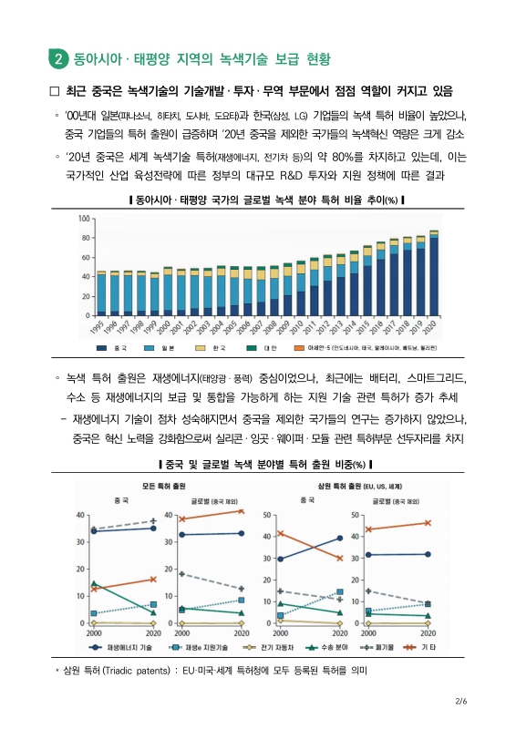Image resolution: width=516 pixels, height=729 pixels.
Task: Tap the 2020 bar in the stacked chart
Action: [x=433, y=273]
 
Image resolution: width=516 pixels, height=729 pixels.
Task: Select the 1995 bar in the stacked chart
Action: [x=102, y=293]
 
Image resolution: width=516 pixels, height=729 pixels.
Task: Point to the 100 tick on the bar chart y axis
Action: [x=85, y=220]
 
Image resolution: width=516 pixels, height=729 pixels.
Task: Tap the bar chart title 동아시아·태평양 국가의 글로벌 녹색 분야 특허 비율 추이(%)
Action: [x=257, y=200]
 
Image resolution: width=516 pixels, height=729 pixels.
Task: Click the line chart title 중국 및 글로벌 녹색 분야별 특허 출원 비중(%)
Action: [x=257, y=466]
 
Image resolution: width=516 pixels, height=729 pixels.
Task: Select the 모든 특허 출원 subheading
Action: [x=162, y=487]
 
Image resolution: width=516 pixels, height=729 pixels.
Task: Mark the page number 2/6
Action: [x=460, y=701]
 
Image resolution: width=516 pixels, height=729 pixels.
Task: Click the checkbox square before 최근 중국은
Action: [x=54, y=92]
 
